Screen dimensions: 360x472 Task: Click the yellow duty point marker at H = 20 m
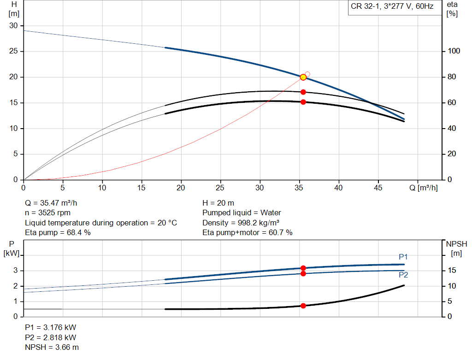click(x=303, y=77)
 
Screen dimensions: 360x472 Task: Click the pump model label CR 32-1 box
click(x=392, y=7)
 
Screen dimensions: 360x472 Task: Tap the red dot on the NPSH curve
click(x=303, y=306)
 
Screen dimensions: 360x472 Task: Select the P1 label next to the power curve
click(x=403, y=257)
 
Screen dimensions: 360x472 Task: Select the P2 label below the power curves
click(x=403, y=275)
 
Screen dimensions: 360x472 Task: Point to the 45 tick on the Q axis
click(x=378, y=188)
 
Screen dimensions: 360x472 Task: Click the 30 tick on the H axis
click(x=13, y=26)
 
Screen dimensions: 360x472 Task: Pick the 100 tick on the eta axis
click(x=454, y=51)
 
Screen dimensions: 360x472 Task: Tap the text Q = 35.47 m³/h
click(x=54, y=203)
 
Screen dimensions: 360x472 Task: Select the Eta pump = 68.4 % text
click(x=58, y=233)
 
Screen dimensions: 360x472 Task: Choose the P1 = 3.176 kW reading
click(x=50, y=327)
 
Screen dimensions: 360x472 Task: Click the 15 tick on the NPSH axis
click(x=453, y=271)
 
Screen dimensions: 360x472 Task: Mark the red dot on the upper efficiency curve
click(x=303, y=92)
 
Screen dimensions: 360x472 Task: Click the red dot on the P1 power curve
click(x=303, y=268)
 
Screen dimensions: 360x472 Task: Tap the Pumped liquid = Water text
click(x=242, y=213)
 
